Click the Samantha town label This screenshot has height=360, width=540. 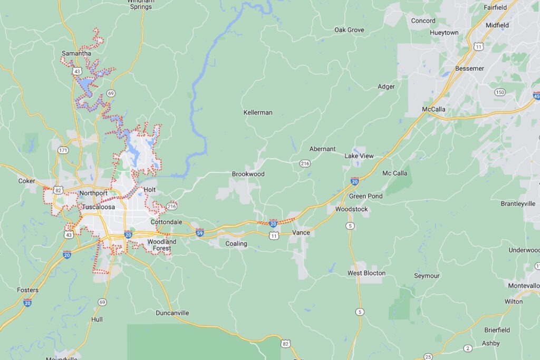(76, 53)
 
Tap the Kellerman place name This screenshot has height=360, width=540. (258, 113)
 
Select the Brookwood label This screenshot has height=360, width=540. (248, 174)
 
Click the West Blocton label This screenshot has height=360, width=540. (366, 273)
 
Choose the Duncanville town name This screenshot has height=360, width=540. (172, 313)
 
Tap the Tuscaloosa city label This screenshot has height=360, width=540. (98, 207)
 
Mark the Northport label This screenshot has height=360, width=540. (93, 193)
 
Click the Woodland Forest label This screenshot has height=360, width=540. (162, 245)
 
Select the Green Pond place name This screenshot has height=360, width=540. (365, 196)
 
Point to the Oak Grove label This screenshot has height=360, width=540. (349, 30)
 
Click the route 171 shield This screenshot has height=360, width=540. (63, 151)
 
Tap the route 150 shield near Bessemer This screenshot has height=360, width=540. (500, 92)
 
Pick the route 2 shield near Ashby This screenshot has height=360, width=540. (467, 348)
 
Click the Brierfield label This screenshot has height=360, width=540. (497, 330)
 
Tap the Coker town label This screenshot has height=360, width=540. (26, 181)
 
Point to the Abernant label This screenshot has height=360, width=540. (322, 149)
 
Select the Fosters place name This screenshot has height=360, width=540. (27, 290)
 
